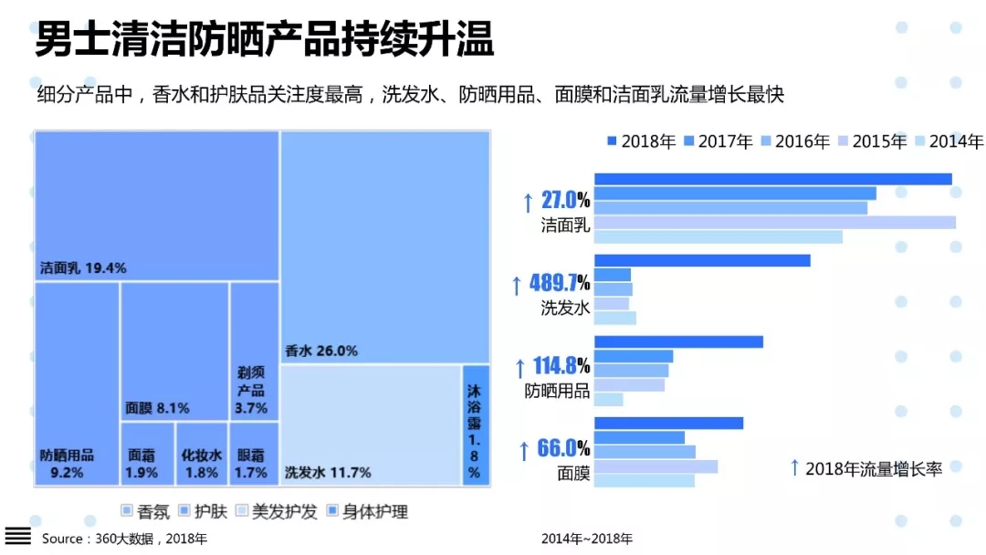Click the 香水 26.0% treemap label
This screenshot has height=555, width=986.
coord(321,351)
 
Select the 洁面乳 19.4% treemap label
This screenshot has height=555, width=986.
coord(83,268)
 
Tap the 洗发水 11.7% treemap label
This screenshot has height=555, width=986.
coord(328,472)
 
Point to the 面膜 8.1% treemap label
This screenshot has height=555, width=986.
coord(157,408)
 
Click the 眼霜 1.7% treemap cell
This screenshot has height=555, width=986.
coord(253,454)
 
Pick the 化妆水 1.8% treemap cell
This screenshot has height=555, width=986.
coord(201,454)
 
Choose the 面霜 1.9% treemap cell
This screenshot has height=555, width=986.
coord(147,454)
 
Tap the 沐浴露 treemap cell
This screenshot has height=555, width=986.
coord(475,425)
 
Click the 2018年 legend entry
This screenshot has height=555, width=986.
coord(641,141)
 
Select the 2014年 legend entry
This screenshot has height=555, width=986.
coord(949,141)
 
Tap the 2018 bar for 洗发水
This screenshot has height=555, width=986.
coord(702,261)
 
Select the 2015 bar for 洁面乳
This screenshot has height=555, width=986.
coord(775,222)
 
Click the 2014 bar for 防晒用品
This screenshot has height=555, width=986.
coord(609,399)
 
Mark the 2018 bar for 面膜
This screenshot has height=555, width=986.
coord(668,423)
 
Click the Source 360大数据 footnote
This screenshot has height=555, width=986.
coord(124,539)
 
